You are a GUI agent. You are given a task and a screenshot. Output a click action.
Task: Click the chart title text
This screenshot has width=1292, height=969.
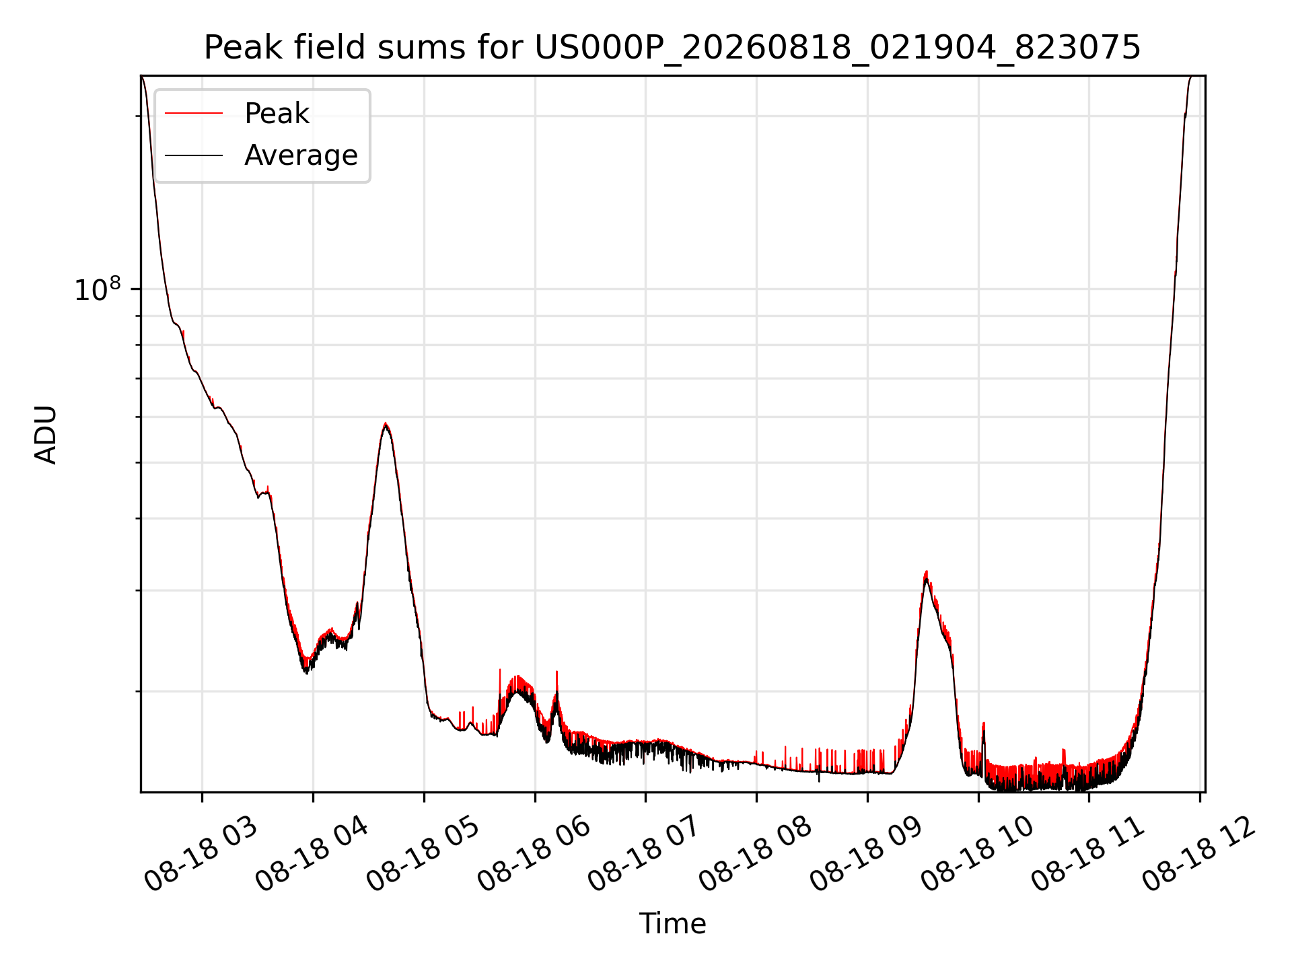pyautogui.click(x=672, y=48)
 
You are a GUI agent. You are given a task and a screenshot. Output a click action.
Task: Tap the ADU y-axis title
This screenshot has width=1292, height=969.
pyautogui.click(x=46, y=434)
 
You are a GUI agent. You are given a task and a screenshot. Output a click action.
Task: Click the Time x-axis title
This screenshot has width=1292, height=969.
pyautogui.click(x=672, y=924)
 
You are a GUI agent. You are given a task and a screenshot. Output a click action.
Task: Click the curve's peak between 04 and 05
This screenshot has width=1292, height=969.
pyautogui.click(x=385, y=424)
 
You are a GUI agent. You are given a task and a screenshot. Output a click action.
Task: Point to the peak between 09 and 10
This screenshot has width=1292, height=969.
pyautogui.click(x=927, y=573)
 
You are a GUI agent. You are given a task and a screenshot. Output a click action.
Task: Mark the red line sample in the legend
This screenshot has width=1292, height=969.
pyautogui.click(x=194, y=114)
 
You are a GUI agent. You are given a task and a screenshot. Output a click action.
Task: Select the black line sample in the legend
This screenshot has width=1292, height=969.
pyautogui.click(x=194, y=155)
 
